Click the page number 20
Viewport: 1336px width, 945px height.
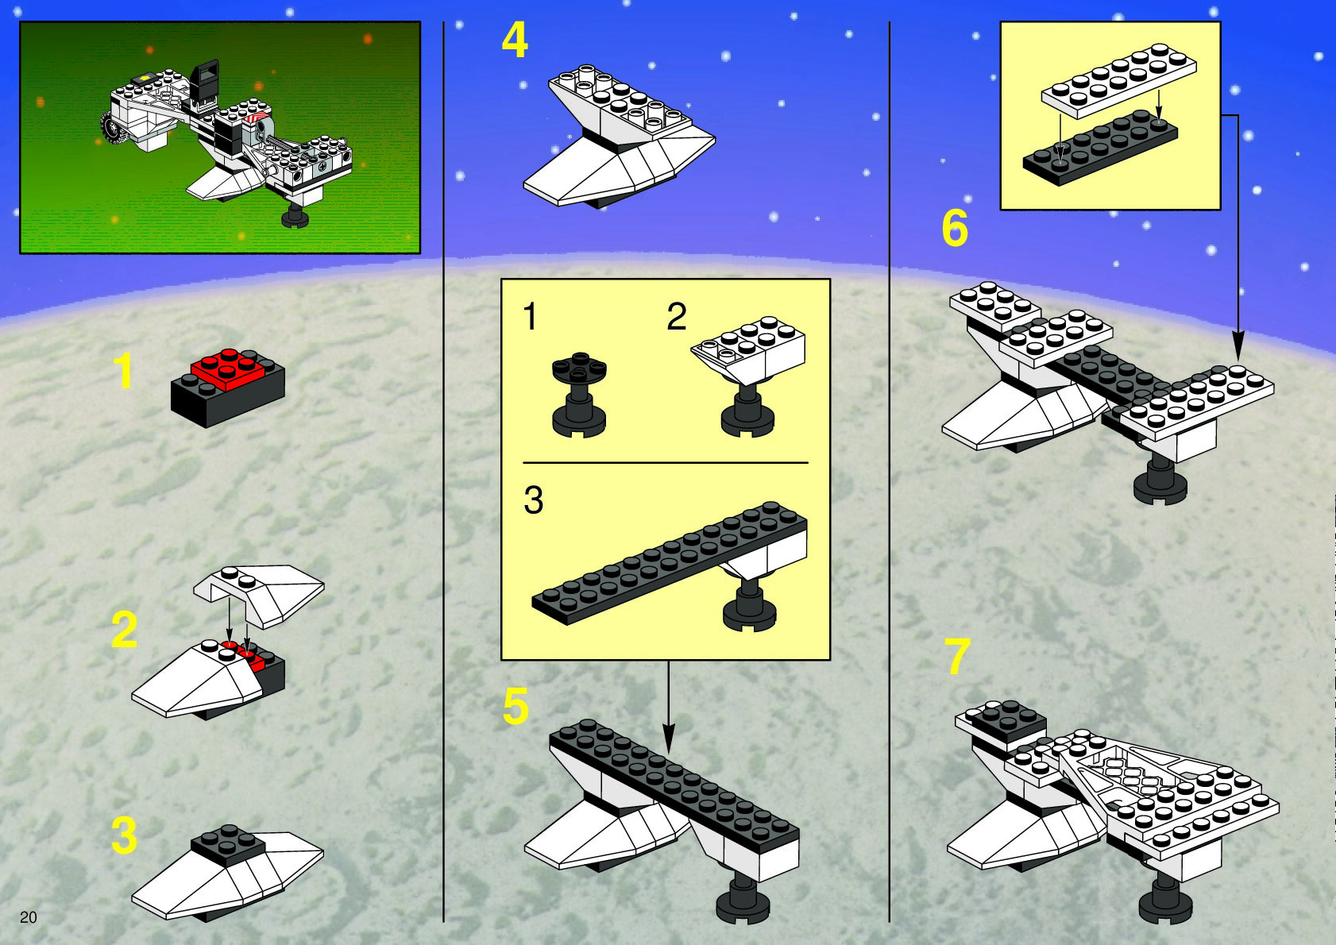[x=28, y=917]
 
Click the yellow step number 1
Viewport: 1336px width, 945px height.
[x=123, y=371]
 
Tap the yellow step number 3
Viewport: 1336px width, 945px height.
[x=124, y=835]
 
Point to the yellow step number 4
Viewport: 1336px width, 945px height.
[x=515, y=40]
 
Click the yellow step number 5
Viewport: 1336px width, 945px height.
[x=515, y=705]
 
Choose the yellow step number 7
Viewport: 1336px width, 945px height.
[x=956, y=656]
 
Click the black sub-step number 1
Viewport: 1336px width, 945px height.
[x=530, y=316]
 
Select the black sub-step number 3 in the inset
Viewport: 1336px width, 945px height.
[x=533, y=499]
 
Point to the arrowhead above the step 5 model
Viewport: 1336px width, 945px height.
[x=669, y=739]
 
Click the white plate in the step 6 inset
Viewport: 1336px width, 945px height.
[x=1119, y=80]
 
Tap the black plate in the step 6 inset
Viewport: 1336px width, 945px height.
[x=1100, y=148]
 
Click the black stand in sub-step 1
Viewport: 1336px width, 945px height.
[x=578, y=395]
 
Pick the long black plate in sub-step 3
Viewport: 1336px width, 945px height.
[x=670, y=562]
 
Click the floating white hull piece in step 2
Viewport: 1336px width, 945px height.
[x=259, y=595]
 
